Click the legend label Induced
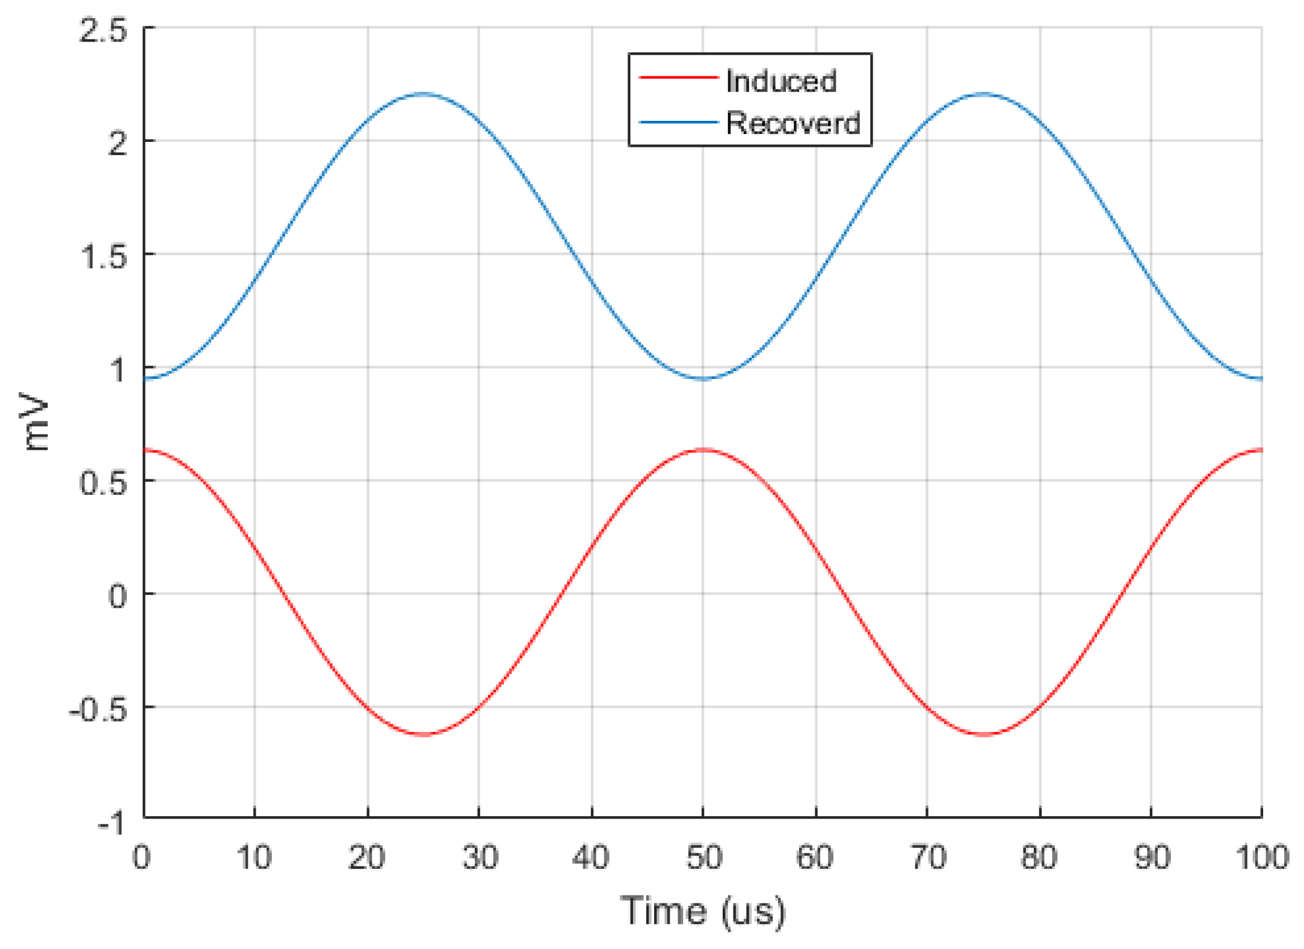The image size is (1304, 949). pyautogui.click(x=780, y=81)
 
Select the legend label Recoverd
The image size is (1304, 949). pyautogui.click(x=793, y=123)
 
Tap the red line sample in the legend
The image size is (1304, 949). pyautogui.click(x=678, y=78)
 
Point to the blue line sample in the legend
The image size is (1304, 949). pyautogui.click(x=678, y=122)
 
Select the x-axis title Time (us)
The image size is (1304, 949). pyautogui.click(x=703, y=911)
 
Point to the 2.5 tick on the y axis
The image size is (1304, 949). pyautogui.click(x=104, y=30)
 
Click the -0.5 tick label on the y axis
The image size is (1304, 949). pyautogui.click(x=98, y=711)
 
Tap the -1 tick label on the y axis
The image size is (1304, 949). pyautogui.click(x=111, y=822)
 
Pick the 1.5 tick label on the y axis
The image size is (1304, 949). pyautogui.click(x=104, y=257)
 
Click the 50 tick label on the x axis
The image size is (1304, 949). pyautogui.click(x=703, y=857)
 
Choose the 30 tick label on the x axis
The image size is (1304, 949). pyautogui.click(x=480, y=857)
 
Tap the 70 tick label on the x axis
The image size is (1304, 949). pyautogui.click(x=927, y=857)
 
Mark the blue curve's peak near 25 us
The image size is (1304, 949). pyautogui.click(x=424, y=94)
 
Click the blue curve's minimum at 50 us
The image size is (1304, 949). pyautogui.click(x=703, y=379)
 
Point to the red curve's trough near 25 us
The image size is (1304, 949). pyautogui.click(x=424, y=735)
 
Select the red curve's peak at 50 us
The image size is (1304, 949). pyautogui.click(x=703, y=449)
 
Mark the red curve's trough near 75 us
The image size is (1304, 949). pyautogui.click(x=983, y=735)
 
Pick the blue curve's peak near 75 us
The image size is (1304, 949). pyautogui.click(x=983, y=94)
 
